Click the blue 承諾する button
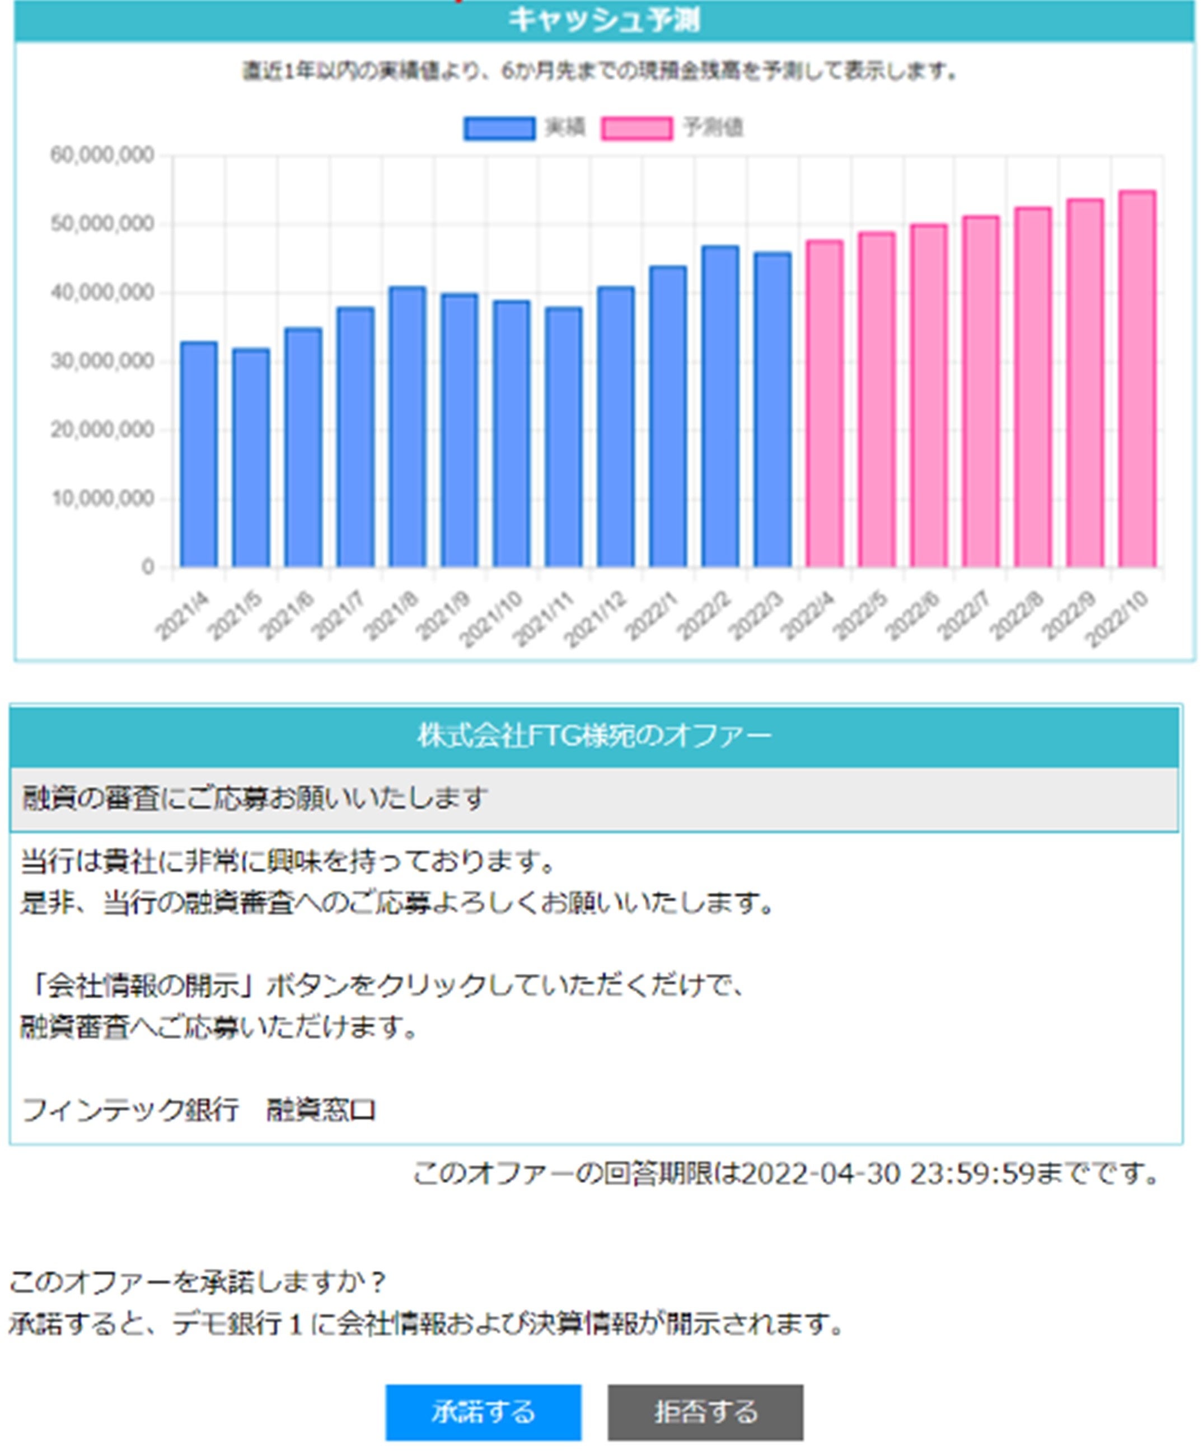tap(483, 1411)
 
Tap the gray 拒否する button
tap(705, 1411)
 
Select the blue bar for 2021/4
tap(199, 454)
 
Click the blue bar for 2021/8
tap(408, 426)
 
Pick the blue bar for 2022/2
tap(720, 406)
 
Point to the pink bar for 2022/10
tap(1137, 378)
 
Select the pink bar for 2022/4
tap(825, 403)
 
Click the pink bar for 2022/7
tap(981, 392)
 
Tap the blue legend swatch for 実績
tap(499, 129)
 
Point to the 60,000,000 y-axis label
tap(102, 155)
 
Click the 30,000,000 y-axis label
tap(102, 361)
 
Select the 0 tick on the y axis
tap(148, 567)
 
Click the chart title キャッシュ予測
tap(603, 20)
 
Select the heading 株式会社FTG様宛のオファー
tap(594, 735)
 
